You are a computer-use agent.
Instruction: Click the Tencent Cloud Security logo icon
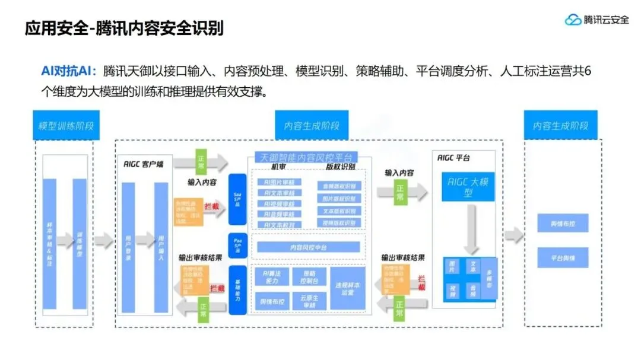pyautogui.click(x=572, y=20)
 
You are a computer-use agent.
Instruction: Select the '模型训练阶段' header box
pyautogui.click(x=66, y=126)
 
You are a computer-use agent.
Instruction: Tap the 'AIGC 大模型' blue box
pyautogui.click(x=469, y=187)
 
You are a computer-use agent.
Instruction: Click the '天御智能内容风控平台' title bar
pyautogui.click(x=306, y=157)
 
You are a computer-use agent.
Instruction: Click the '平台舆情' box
pyautogui.click(x=563, y=257)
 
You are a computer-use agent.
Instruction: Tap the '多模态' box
pyautogui.click(x=490, y=278)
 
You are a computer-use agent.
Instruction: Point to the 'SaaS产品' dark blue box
pyautogui.click(x=237, y=199)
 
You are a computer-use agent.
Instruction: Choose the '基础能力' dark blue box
pyautogui.click(x=237, y=290)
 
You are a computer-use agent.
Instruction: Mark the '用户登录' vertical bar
pyautogui.click(x=129, y=246)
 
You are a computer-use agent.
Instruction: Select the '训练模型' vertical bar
pyautogui.click(x=80, y=243)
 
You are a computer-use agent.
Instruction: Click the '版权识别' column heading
pyautogui.click(x=338, y=167)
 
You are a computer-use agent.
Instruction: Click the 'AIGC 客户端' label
pyautogui.click(x=145, y=164)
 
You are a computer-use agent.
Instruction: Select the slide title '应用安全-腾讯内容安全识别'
pyautogui.click(x=124, y=28)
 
